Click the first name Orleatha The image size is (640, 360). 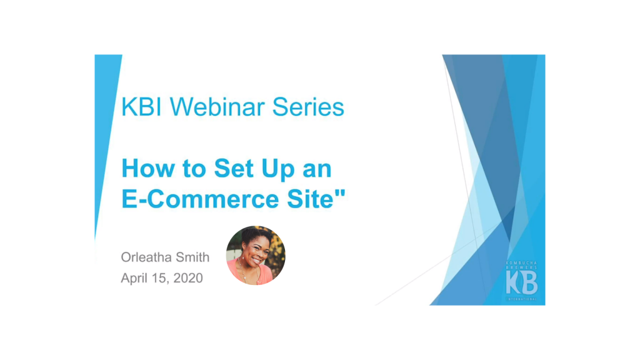tap(146, 257)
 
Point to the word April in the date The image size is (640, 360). tap(135, 278)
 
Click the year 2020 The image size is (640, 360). tap(188, 278)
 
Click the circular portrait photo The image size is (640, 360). tap(256, 255)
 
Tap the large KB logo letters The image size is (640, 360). tap(521, 282)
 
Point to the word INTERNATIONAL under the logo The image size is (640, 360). tap(522, 299)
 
